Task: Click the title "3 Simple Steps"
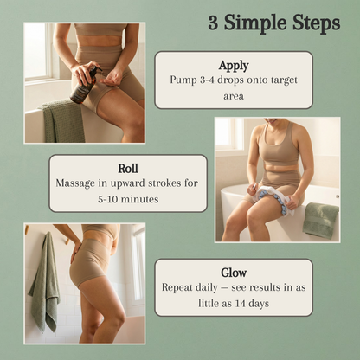[x=273, y=23]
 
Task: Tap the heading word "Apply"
[x=233, y=65]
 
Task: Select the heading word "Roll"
[x=127, y=169]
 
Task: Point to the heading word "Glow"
[x=233, y=272]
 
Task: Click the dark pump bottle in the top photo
[x=85, y=84]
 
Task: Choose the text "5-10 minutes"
[x=127, y=198]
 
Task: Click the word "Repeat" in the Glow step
[x=180, y=286]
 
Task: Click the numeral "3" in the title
[x=213, y=23]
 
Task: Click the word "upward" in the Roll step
[x=130, y=183]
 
